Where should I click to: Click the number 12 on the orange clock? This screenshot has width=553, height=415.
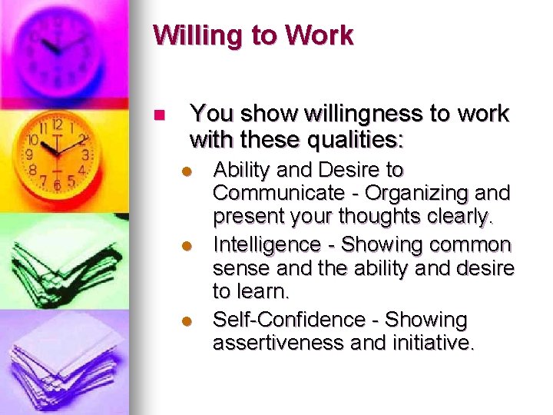click(57, 124)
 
